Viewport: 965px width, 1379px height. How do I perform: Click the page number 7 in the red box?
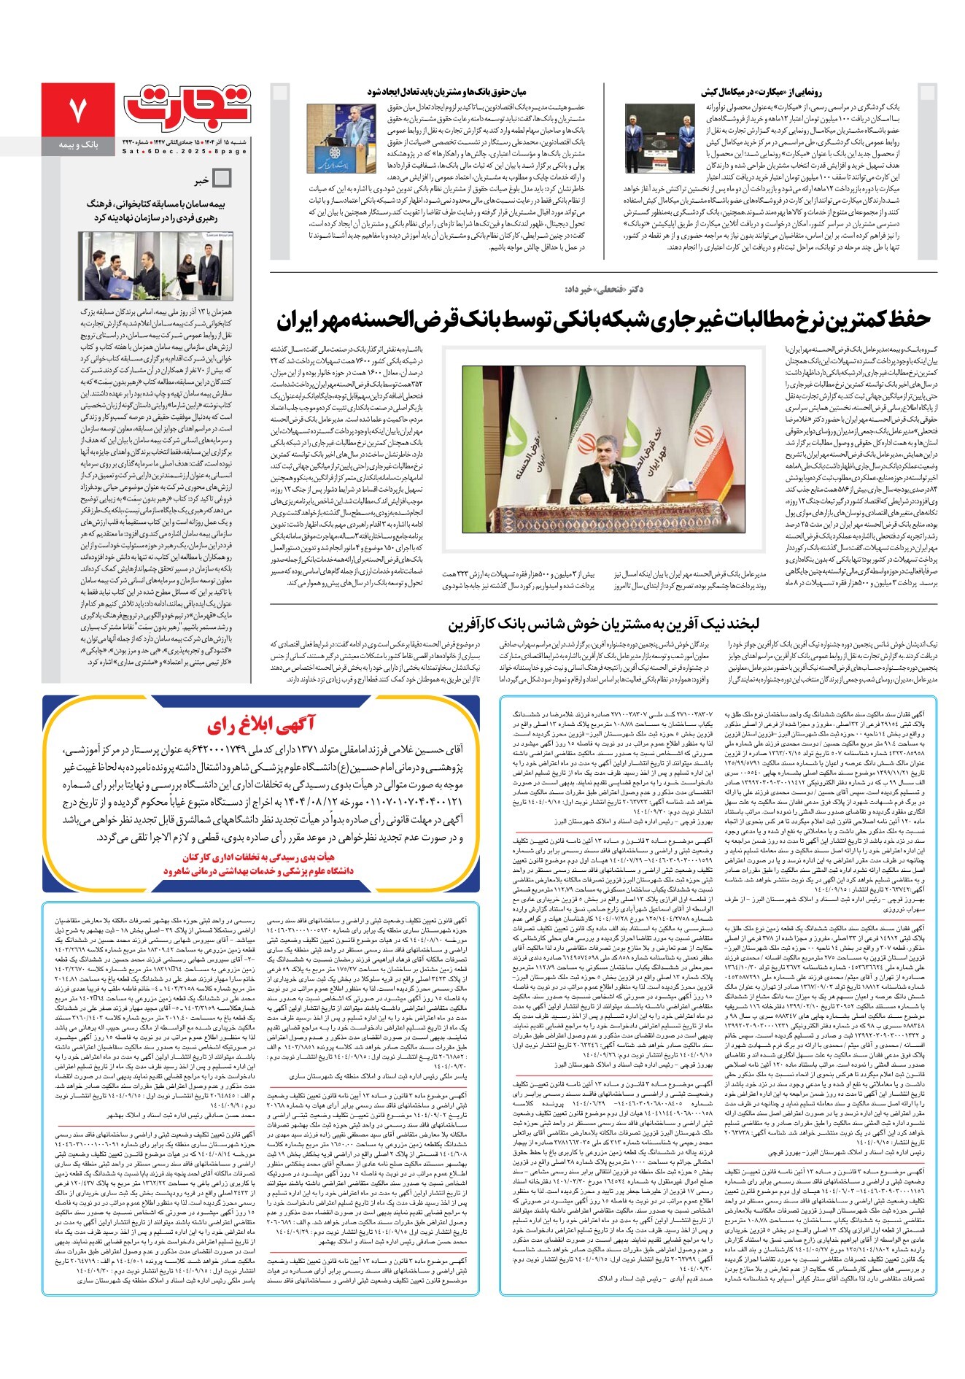click(x=77, y=109)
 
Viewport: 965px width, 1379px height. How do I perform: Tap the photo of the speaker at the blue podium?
click(x=341, y=139)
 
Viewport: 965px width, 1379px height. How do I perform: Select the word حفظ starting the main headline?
click(x=910, y=320)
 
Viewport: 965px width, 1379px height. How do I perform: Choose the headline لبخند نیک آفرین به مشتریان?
click(x=603, y=625)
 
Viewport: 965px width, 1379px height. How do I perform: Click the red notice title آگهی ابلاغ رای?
click(x=261, y=725)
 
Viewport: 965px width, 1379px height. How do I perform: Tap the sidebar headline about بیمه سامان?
click(x=147, y=211)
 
